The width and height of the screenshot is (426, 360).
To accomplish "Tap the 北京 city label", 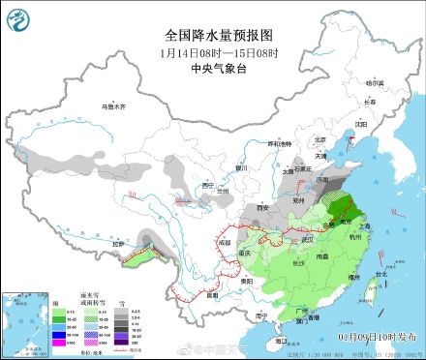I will point(319,139).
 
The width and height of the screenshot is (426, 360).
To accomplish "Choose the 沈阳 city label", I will point(361,124).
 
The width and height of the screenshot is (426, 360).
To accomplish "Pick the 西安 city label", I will point(261,207).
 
